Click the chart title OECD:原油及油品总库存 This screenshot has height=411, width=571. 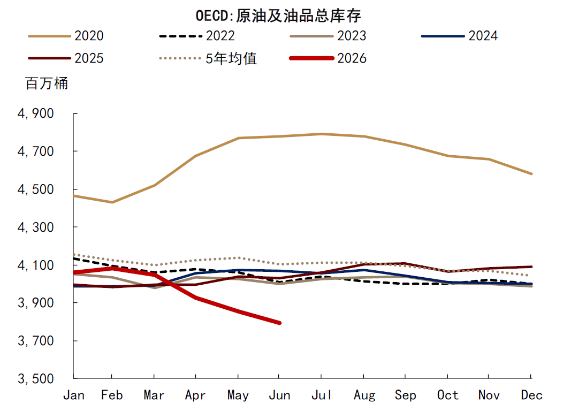278,16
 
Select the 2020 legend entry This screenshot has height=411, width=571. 66,36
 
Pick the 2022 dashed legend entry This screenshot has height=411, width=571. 197,36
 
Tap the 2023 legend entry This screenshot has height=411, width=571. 328,36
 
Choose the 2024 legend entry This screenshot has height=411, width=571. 459,36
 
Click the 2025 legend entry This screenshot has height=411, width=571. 66,58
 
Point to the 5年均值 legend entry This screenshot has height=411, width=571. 208,58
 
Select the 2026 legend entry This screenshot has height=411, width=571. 328,58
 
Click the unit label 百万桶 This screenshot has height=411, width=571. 47,83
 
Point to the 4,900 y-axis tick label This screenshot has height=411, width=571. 36,113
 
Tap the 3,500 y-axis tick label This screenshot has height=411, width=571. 36,378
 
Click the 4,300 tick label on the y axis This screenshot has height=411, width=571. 36,227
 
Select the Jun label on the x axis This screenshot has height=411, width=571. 279,395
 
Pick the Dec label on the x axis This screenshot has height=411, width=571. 531,395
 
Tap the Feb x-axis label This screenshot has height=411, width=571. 112,395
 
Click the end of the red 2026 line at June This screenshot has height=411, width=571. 280,323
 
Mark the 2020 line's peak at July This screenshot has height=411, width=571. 321,134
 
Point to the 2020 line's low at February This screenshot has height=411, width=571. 112,202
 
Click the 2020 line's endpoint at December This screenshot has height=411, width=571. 531,174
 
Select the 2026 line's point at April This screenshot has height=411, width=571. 196,298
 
